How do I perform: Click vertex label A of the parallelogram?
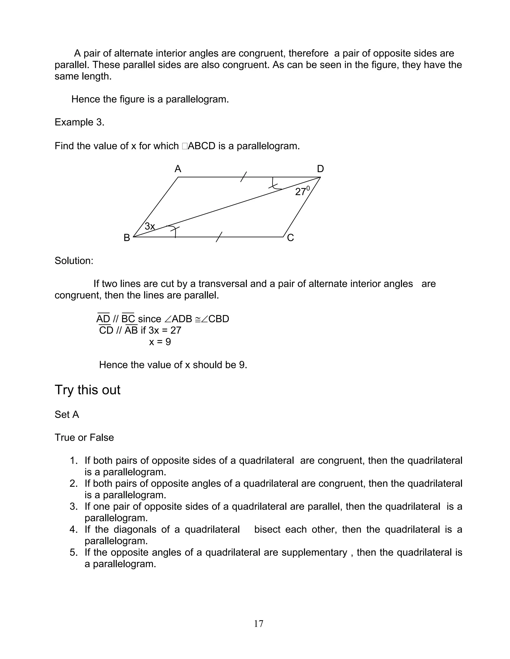[x=178, y=169]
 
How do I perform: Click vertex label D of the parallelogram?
[x=320, y=169]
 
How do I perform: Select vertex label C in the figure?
[x=290, y=238]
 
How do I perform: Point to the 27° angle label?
[x=302, y=191]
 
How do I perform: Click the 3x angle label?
[x=150, y=226]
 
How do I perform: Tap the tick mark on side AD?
[x=244, y=177]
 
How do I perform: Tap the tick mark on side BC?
[x=219, y=237]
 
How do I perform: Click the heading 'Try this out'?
[x=87, y=390]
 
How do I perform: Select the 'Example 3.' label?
[x=79, y=122]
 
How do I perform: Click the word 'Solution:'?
[x=74, y=261]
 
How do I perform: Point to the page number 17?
[x=259, y=623]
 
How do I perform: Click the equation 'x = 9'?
[x=160, y=342]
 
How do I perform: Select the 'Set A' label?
[x=67, y=415]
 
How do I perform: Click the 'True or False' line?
[x=84, y=437]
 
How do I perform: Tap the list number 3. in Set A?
[x=74, y=507]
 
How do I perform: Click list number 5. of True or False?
[x=74, y=553]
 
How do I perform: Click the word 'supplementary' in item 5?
[x=314, y=553]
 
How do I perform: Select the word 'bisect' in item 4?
[x=267, y=529]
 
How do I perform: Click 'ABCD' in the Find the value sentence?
[x=201, y=146]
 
